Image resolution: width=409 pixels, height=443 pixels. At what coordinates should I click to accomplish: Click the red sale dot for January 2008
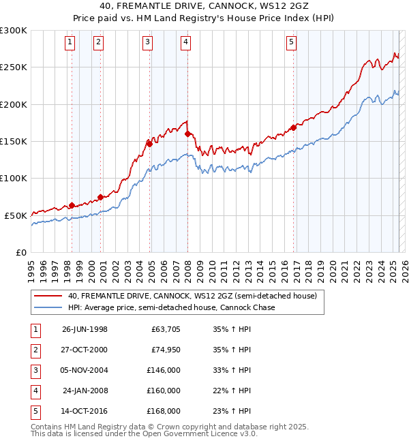coord(187,134)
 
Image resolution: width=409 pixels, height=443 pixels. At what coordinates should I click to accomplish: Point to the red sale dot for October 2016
coord(293,127)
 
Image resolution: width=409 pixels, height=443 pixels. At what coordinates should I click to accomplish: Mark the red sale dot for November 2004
coord(149,144)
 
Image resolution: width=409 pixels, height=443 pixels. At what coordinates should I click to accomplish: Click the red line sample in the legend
coord(48,296)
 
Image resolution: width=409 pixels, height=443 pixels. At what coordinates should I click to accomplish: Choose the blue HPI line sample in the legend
coord(48,307)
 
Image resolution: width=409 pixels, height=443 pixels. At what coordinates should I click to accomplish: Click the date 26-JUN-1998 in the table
coord(85,329)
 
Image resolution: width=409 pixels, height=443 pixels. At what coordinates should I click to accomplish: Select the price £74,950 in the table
coord(166,350)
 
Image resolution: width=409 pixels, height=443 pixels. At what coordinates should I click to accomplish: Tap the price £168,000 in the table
coord(164,411)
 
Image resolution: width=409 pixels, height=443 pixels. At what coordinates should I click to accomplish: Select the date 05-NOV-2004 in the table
coord(85,370)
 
